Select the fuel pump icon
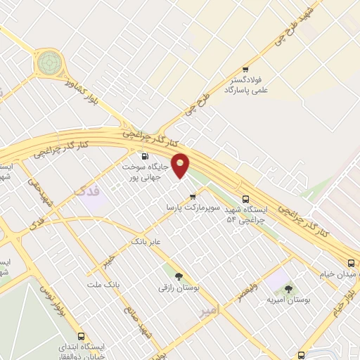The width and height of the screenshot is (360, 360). [146, 156]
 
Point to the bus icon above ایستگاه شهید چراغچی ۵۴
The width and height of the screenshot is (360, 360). [245, 199]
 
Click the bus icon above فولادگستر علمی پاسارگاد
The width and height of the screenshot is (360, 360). [245, 70]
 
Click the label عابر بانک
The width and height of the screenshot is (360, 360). [146, 242]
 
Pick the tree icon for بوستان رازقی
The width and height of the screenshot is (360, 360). [179, 276]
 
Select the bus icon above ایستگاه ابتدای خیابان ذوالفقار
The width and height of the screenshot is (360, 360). [82, 337]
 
